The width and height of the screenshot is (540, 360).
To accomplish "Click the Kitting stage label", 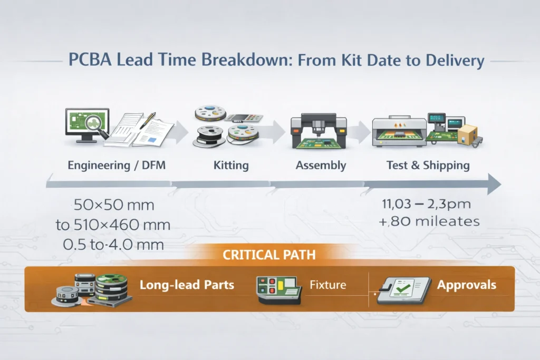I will pos(231,165).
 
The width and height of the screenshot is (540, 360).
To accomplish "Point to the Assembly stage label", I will pos(321,165).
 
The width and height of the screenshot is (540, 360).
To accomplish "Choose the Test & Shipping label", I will pos(428,165).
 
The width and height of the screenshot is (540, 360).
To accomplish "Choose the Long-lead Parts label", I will pos(187,285).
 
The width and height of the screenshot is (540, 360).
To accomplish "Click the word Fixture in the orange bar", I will pos(327,285).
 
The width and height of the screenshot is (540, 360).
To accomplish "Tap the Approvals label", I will pos(466,285).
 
